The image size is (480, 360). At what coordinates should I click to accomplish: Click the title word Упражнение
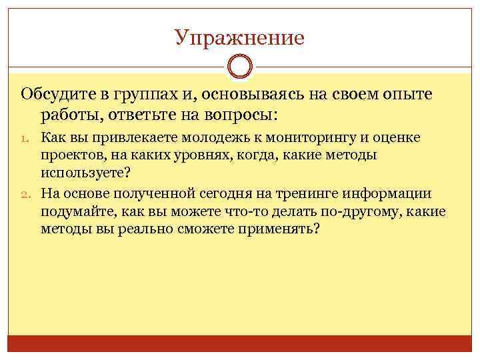(239, 37)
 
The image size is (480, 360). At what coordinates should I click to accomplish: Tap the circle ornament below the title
(239, 67)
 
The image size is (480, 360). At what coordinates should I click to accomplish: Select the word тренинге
(309, 194)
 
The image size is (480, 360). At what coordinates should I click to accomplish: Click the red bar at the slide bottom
(239, 344)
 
